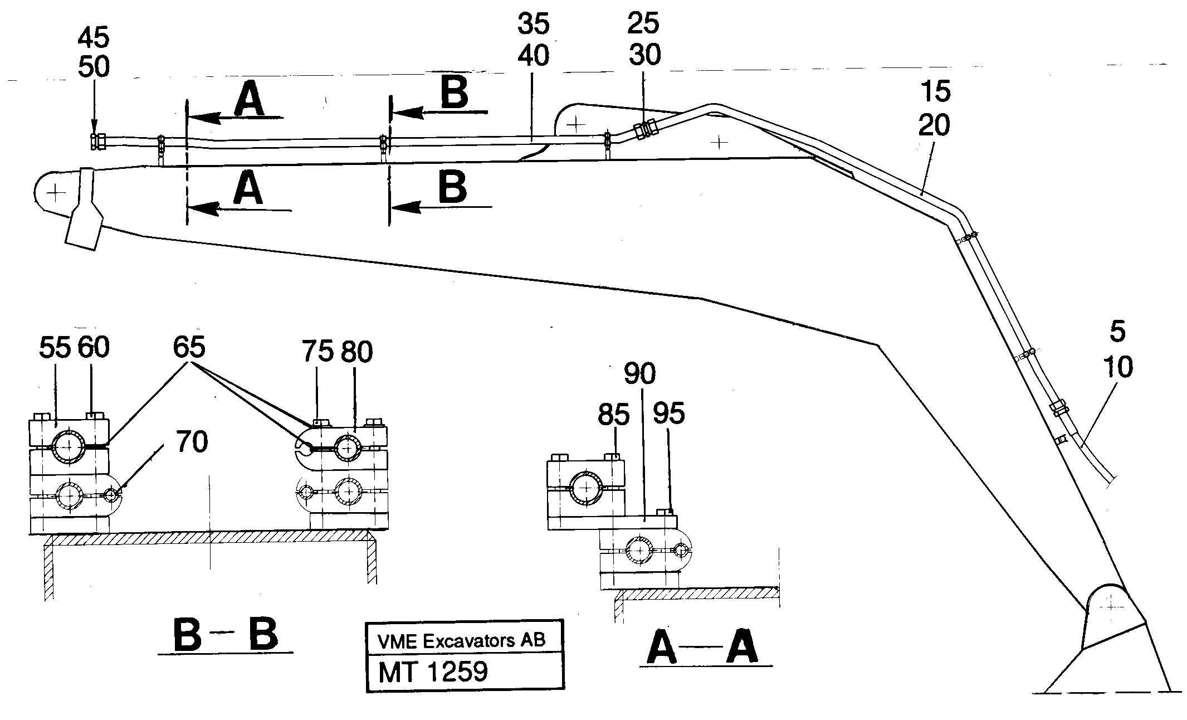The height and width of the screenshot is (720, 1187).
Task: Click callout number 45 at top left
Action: (93, 38)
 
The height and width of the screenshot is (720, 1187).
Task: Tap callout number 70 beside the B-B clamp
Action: (191, 443)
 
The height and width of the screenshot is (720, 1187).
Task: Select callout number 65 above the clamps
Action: (189, 347)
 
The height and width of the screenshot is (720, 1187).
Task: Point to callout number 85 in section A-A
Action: (613, 415)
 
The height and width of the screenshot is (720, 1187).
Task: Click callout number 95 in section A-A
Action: (668, 414)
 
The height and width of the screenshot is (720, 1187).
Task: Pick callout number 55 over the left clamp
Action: (55, 348)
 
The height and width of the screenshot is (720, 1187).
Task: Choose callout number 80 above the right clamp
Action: (356, 352)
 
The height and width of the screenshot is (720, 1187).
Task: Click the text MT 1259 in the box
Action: (432, 672)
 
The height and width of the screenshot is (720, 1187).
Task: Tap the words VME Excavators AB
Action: (462, 640)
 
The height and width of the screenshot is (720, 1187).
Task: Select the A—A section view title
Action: (702, 648)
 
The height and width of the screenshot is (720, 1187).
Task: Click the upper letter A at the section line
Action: (248, 100)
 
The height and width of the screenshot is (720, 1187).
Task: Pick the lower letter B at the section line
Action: (452, 188)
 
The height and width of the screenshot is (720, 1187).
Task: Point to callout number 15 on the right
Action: (935, 92)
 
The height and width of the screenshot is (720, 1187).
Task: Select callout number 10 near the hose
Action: (1117, 367)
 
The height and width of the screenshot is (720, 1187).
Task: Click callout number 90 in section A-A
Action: (639, 374)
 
